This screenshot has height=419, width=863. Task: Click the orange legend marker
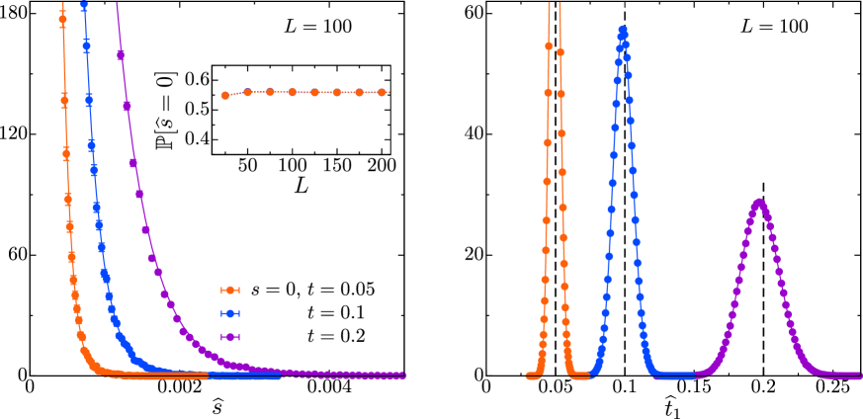pos(229,290)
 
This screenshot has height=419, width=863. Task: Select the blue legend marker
pos(229,313)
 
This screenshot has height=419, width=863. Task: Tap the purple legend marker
pos(229,337)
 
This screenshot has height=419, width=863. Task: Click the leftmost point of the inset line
pos(225,96)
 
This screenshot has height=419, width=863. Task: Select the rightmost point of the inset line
pos(382,92)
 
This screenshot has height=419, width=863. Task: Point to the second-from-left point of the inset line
pos(247,92)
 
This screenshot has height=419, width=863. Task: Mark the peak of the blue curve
pos(622,29)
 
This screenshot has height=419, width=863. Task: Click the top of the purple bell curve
pos(759,202)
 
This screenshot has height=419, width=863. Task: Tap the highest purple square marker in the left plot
pos(121,55)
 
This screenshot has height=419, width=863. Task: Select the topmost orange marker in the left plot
pos(63,19)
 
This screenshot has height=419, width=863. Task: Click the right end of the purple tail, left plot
pos(401,375)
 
